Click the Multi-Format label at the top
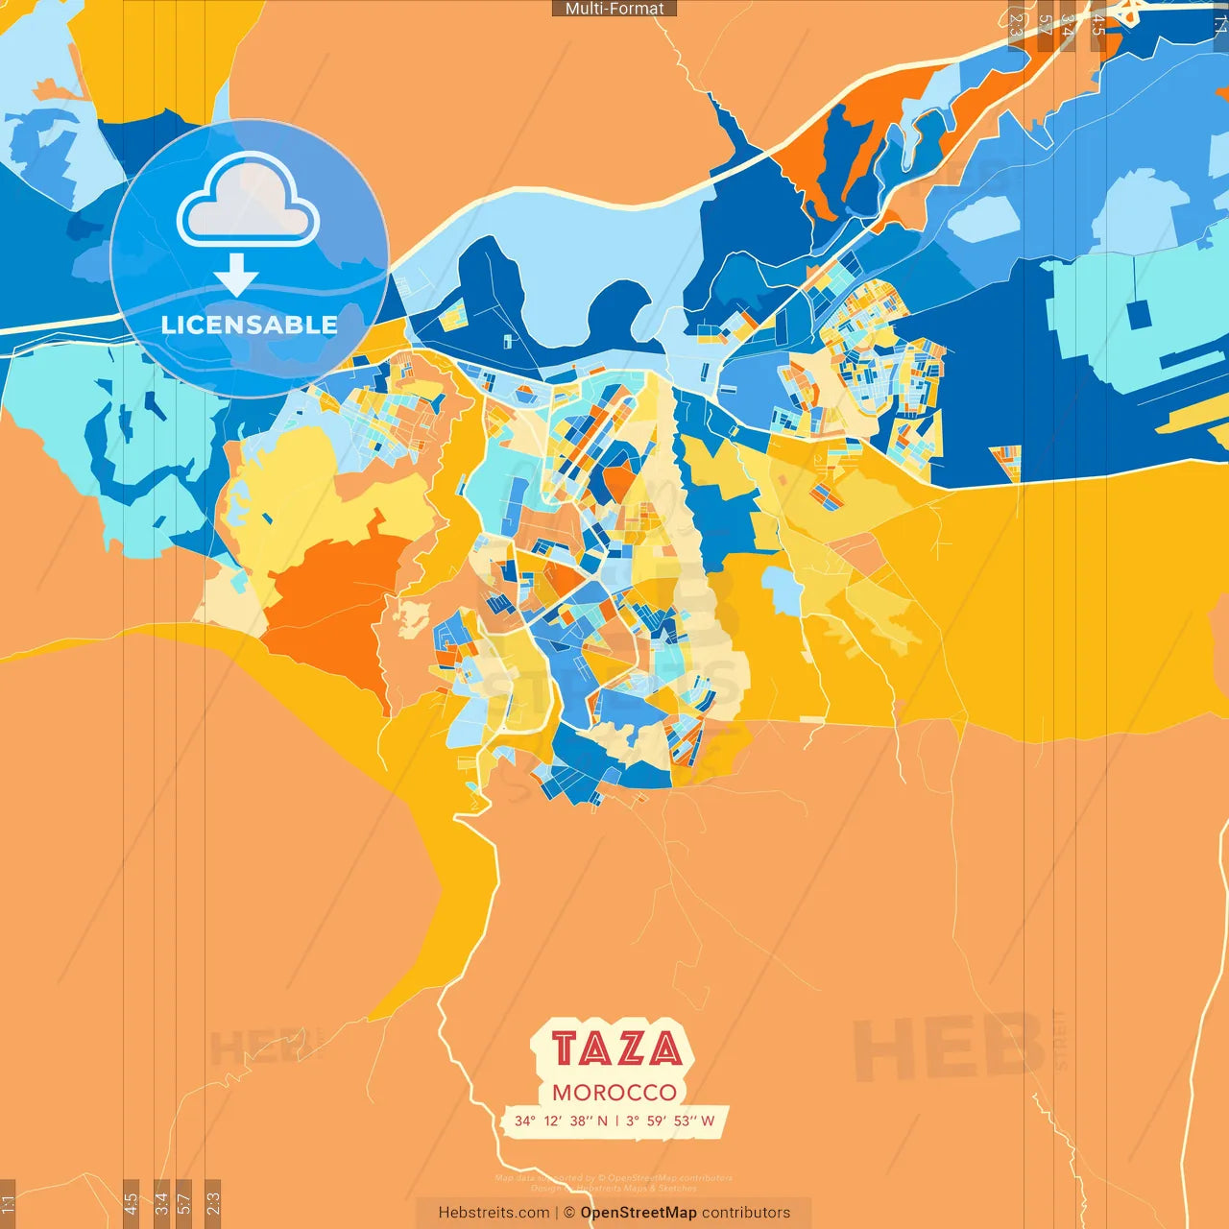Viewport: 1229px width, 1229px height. pyautogui.click(x=614, y=9)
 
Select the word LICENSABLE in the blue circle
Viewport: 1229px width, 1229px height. pyautogui.click(x=249, y=325)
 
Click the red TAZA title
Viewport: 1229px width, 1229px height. pyautogui.click(x=615, y=1048)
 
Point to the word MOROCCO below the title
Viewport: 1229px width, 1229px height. pyautogui.click(x=614, y=1093)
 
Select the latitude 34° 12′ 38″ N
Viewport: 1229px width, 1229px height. pyautogui.click(x=561, y=1121)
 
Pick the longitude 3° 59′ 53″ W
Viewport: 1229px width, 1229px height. pyautogui.click(x=670, y=1121)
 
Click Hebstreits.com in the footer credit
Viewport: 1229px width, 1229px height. pyautogui.click(x=494, y=1213)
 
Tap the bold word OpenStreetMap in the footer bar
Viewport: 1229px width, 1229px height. pyautogui.click(x=638, y=1213)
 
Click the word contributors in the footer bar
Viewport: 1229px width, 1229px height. pyautogui.click(x=746, y=1213)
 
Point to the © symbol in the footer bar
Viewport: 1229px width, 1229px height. pyautogui.click(x=569, y=1213)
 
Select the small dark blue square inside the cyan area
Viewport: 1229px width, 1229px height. pyautogui.click(x=1140, y=314)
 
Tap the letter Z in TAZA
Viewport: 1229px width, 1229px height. pyautogui.click(x=629, y=1048)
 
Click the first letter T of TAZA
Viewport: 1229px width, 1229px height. pyautogui.click(x=566, y=1048)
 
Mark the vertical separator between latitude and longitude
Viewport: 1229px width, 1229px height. pyautogui.click(x=616, y=1121)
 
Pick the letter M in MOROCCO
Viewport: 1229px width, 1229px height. pyautogui.click(x=561, y=1093)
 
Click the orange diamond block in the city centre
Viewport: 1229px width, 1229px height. pyautogui.click(x=618, y=479)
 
